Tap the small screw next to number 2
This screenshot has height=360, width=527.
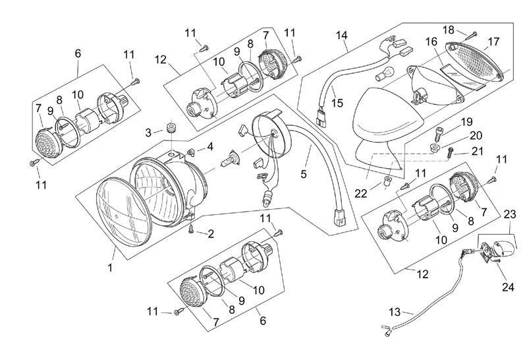click(x=191, y=229)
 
